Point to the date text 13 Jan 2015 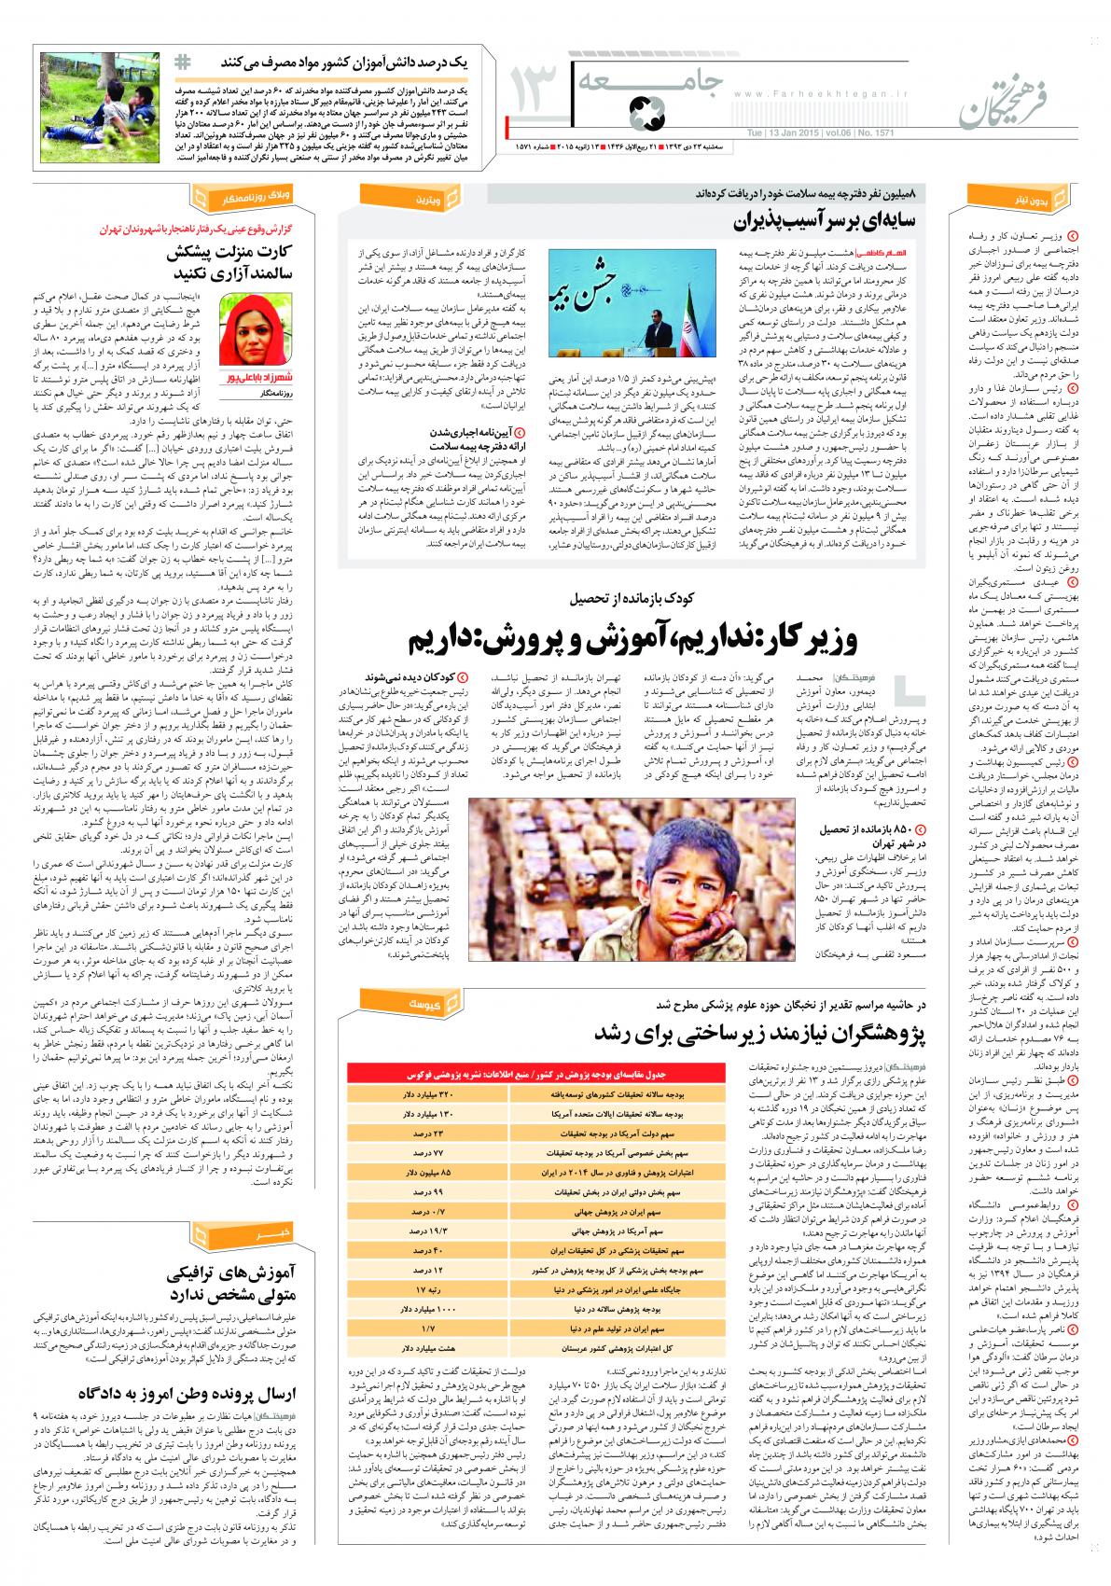785,132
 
